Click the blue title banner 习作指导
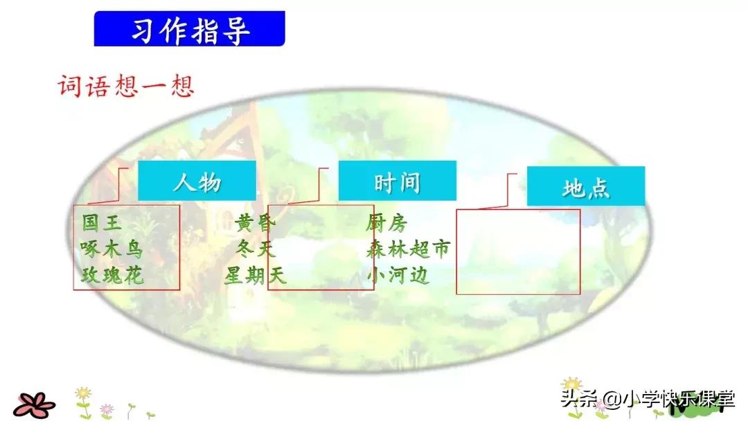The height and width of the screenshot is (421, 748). [189, 29]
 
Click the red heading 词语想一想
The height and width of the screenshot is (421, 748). [125, 86]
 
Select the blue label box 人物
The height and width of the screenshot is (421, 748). [197, 181]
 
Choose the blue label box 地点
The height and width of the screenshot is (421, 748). [586, 187]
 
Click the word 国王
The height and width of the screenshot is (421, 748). [102, 223]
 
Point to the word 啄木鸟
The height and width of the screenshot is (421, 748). [112, 249]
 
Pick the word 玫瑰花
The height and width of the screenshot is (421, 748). [112, 276]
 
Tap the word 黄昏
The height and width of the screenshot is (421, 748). [255, 223]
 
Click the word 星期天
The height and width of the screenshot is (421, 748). [254, 276]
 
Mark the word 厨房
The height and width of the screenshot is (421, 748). [386, 223]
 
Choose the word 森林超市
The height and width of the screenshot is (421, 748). [408, 249]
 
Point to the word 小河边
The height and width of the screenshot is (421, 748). [398, 276]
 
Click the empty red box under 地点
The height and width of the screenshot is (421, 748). [517, 252]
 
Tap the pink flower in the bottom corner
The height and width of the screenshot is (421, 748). [34, 404]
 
